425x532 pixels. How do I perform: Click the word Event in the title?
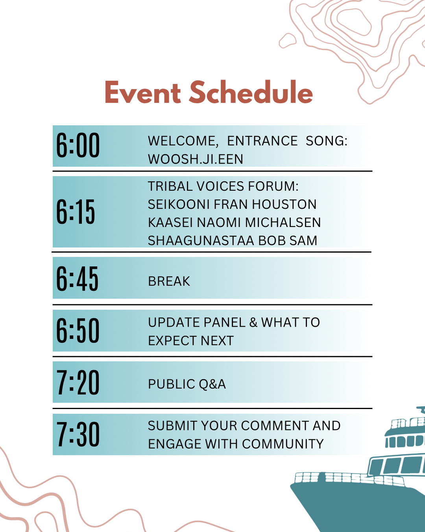pos(143,93)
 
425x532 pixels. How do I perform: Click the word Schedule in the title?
pos(251,92)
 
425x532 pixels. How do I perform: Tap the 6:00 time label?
pos(78,145)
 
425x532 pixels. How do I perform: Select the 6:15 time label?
pos(75,212)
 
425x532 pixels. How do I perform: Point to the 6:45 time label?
pos(77,279)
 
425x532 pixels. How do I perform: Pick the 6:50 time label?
pos(78,330)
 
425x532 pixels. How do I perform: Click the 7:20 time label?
pos(78,382)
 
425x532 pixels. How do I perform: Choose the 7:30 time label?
pos(78,434)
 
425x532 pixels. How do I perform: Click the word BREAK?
pos(169,281)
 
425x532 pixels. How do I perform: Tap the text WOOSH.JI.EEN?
pos(196,159)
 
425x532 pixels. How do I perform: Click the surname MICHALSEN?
pos(283,223)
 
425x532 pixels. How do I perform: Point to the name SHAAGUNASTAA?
pos(201,240)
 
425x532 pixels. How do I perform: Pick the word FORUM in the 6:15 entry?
pos(273,186)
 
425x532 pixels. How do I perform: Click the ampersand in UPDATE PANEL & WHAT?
pos(253,322)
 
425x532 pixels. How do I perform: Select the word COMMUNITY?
pos(283,444)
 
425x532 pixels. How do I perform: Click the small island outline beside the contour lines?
pos(288,41)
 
